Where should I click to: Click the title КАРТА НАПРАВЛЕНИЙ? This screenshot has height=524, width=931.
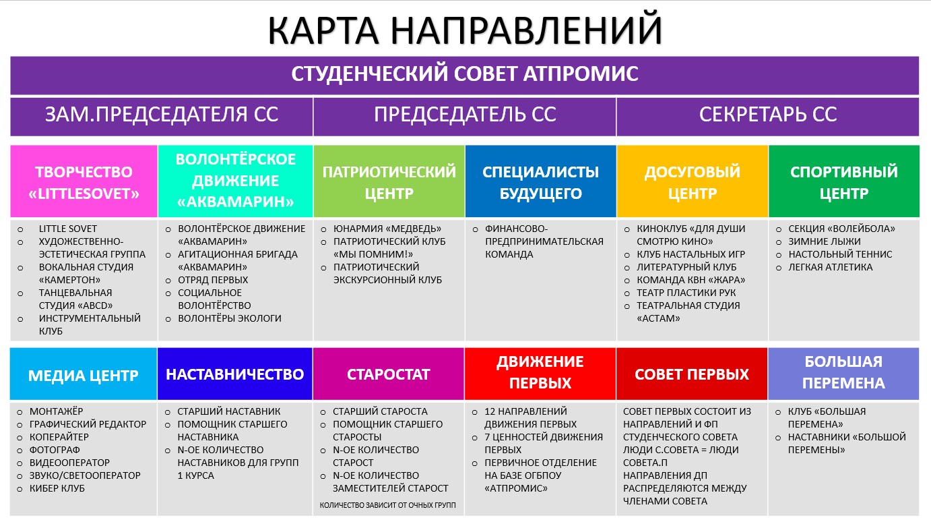coord(465,30)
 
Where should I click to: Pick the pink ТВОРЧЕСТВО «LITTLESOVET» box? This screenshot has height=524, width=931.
coord(84,181)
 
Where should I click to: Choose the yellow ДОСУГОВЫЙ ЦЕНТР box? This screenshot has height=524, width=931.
coord(692,181)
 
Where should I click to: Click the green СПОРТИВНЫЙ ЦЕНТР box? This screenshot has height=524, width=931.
coord(843,181)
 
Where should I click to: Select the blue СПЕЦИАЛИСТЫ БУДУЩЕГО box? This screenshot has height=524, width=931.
coord(540,181)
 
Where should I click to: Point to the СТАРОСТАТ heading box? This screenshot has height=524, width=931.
coord(388,374)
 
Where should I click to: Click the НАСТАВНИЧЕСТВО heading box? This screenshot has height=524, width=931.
coord(235,374)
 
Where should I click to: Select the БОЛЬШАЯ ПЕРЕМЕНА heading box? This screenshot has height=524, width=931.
coord(843,374)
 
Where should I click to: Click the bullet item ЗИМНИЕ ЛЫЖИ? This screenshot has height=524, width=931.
coord(824,241)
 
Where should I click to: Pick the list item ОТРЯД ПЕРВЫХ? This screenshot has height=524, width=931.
coord(213,280)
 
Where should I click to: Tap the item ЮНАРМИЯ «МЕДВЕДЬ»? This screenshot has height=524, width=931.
coord(387,229)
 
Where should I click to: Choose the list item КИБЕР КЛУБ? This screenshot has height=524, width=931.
coord(57,488)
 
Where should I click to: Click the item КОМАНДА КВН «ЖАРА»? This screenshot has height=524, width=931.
coord(691,280)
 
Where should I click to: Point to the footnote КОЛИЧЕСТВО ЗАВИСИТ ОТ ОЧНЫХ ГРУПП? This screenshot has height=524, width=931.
coord(387,505)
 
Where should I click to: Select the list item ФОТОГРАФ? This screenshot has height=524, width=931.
coord(55,450)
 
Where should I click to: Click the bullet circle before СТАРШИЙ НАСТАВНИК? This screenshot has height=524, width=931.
coord(168,412)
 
